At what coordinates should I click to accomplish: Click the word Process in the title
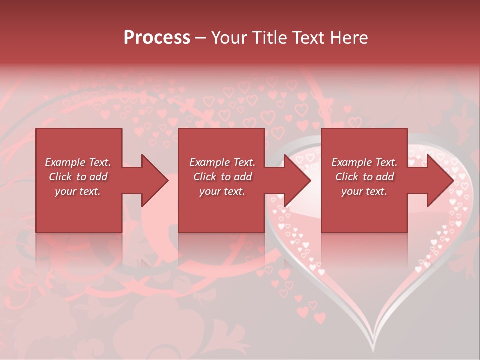point(157,38)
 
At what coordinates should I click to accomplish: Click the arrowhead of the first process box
point(155,180)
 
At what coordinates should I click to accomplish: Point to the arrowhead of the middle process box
point(297,180)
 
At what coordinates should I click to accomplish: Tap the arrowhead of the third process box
point(440,180)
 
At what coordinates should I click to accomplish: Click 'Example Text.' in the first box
point(78,162)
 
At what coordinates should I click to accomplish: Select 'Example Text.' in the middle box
point(222,162)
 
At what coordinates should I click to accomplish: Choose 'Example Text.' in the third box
point(364,162)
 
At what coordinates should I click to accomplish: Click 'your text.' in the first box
point(78,191)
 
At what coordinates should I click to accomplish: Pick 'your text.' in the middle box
point(222,191)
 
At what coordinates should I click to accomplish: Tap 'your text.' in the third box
point(364,191)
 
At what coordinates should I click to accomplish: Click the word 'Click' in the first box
point(61,177)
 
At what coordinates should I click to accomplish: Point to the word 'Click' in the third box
point(347,177)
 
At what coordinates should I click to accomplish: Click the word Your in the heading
point(228,38)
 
